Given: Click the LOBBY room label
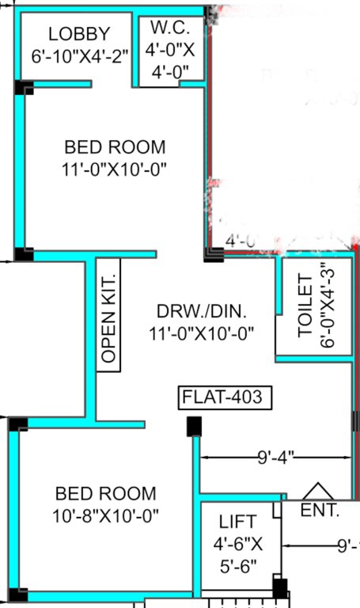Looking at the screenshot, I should pos(79,34).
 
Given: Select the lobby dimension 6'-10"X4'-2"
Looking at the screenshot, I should pos(79,56).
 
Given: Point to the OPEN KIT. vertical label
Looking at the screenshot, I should pos(109,314).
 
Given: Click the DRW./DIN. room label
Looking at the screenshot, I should pos(201,310).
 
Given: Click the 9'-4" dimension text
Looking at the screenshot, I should pos(276,458).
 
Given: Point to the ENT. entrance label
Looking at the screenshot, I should pos(320,511).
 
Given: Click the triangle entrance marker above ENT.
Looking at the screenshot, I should pos(318,492).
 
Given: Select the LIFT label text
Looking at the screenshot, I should pos(237,522).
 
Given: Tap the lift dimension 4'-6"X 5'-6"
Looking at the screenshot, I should pos(237,556).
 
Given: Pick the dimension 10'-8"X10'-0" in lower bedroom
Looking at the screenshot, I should pos(106,515).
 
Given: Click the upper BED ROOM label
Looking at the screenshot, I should pos(116,147).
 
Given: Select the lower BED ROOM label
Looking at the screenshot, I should pos(106,494).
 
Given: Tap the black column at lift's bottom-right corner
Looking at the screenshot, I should pos(279,588).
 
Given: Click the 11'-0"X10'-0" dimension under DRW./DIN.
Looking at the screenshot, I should pos(201,333).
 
